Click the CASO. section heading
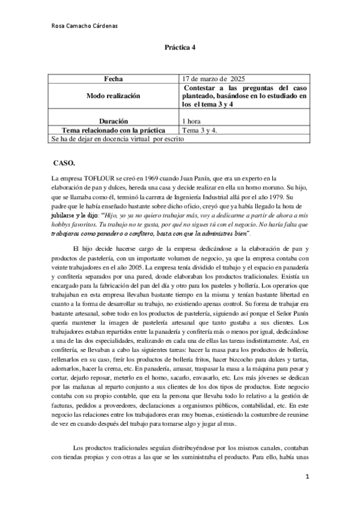pyautogui.click(x=64, y=163)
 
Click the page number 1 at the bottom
pyautogui.click(x=307, y=478)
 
